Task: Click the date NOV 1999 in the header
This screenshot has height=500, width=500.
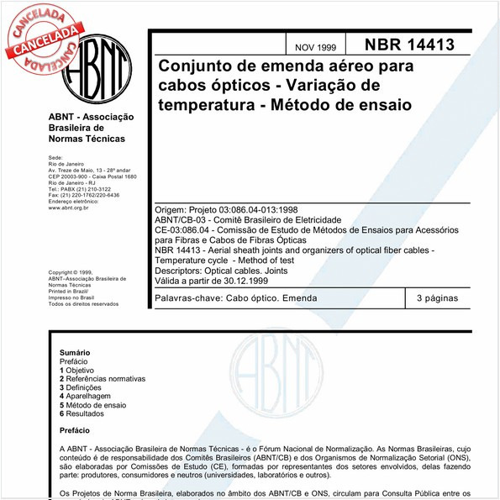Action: click(x=315, y=47)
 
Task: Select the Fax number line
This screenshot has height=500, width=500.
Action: click(x=83, y=195)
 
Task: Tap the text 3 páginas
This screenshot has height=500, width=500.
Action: click(x=437, y=298)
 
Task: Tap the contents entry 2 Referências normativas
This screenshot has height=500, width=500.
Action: click(x=103, y=378)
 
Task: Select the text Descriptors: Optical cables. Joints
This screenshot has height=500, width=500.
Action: click(x=232, y=271)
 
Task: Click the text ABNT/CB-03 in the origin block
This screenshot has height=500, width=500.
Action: click(x=183, y=218)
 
